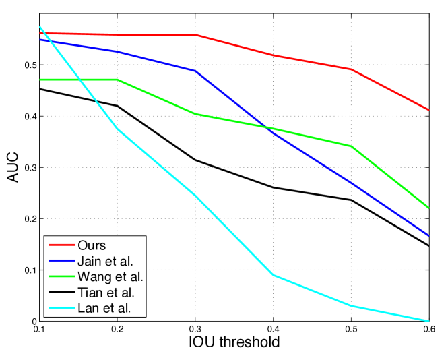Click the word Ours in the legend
point(92,245)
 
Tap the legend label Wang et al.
point(110,277)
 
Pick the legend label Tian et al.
point(106,293)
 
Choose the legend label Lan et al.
point(104,309)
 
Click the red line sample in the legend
point(61,245)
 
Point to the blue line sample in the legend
point(61,261)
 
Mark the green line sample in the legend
point(61,277)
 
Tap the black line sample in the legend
point(61,293)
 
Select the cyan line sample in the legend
point(61,309)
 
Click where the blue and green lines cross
point(268,128)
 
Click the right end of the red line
point(429,110)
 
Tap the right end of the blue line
point(429,236)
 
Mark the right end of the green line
point(429,208)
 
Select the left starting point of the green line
point(40,80)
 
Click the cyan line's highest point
point(40,27)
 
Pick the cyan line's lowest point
point(429,321)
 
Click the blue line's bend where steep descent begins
point(195,71)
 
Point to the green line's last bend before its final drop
point(351,146)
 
